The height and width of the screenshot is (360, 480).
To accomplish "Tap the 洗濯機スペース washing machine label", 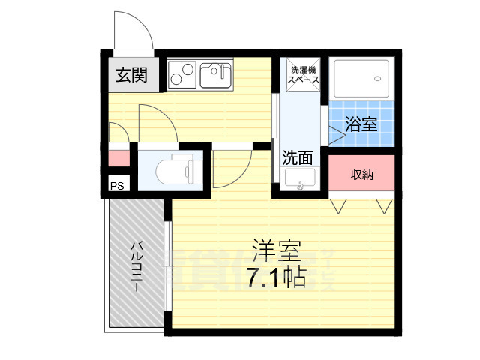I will pyautogui.click(x=304, y=74).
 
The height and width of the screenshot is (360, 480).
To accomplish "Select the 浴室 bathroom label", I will pyautogui.click(x=361, y=124).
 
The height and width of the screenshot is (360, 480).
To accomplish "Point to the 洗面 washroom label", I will pyautogui.click(x=297, y=157).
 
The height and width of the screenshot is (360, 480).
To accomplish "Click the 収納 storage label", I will pyautogui.click(x=361, y=174).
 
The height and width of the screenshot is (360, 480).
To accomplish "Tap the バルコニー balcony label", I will pyautogui.click(x=136, y=267).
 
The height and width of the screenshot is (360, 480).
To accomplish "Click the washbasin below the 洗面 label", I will pyautogui.click(x=301, y=180).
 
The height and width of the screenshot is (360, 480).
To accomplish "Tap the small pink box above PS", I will pyautogui.click(x=118, y=159).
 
